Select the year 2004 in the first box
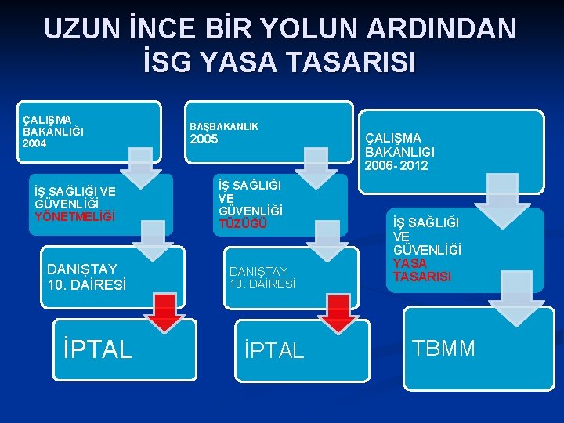(x=34, y=144)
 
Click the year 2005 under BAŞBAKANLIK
(x=205, y=140)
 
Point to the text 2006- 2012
(x=396, y=165)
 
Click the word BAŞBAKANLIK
(x=224, y=126)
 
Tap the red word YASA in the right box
(x=410, y=263)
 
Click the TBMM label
(x=444, y=348)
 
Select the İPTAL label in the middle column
(x=274, y=350)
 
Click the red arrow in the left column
(x=164, y=312)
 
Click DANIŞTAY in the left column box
(x=81, y=269)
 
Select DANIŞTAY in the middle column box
(x=261, y=271)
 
